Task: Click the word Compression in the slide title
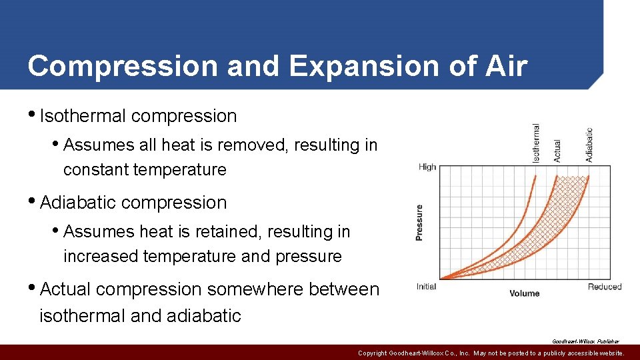[x=123, y=66]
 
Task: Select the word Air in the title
[x=508, y=66]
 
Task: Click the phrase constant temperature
[x=145, y=169]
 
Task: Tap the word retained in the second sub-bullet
[x=227, y=231]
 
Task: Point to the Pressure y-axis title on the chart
[x=420, y=222]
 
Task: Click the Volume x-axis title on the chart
[x=525, y=293]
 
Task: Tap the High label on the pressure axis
[x=427, y=167]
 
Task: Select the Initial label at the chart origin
[x=426, y=287]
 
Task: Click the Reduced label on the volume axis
[x=604, y=287]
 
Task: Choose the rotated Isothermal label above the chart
[x=536, y=143]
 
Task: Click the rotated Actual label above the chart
[x=557, y=150]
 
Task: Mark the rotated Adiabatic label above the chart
[x=589, y=145]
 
